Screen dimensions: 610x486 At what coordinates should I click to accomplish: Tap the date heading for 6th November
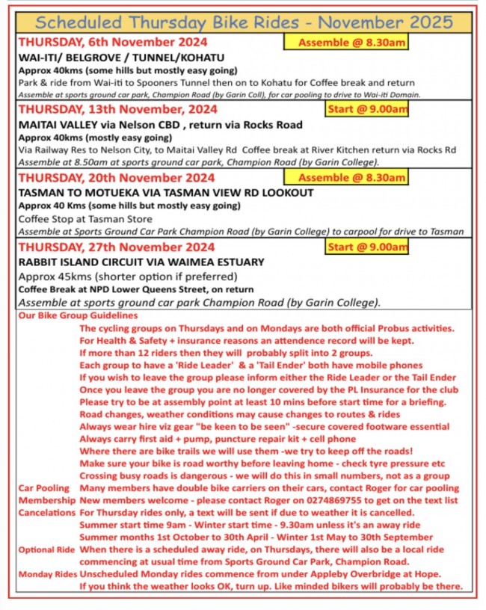[x=113, y=43]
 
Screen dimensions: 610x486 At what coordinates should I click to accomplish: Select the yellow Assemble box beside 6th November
[x=345, y=42]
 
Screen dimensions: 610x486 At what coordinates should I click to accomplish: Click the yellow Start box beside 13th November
[x=367, y=110]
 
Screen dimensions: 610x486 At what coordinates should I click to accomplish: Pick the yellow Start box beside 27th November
[x=367, y=247]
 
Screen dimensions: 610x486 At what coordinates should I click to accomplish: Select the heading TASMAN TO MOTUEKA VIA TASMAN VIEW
[x=156, y=193]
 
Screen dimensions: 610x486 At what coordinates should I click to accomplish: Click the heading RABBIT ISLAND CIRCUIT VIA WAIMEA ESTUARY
[x=141, y=262]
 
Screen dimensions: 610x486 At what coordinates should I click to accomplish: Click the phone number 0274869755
[x=302, y=500]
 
